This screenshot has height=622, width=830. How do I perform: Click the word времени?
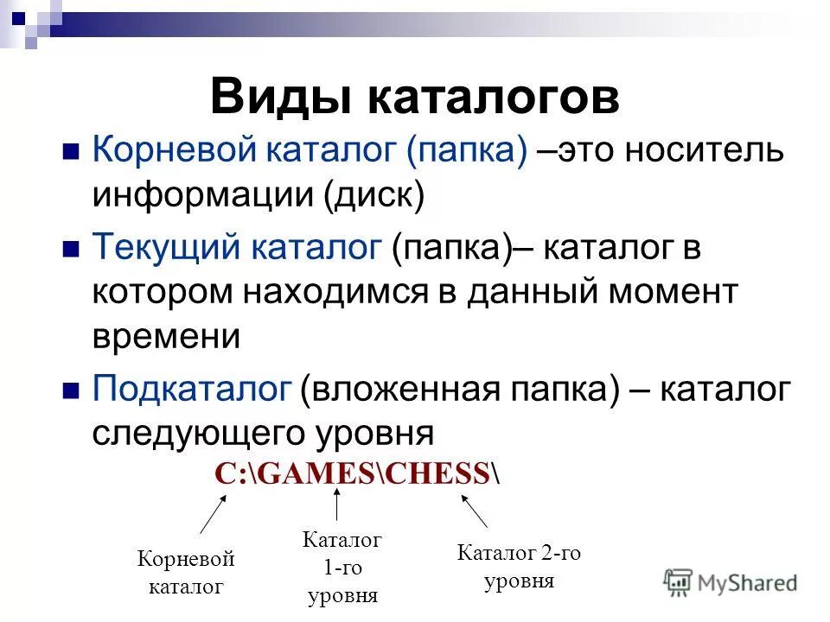pos(166,337)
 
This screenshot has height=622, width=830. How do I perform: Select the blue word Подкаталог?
pos(191,389)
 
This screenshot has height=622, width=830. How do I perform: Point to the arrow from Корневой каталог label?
pos(213,515)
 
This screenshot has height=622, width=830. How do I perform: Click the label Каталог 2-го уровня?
pos(519,567)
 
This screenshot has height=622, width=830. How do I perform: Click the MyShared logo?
pos(731,581)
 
